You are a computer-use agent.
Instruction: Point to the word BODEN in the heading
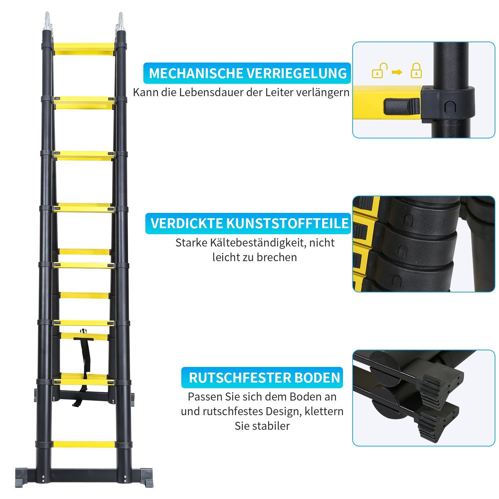tap(317, 378)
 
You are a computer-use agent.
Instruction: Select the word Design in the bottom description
tap(282, 412)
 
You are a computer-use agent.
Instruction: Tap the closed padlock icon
tap(416, 71)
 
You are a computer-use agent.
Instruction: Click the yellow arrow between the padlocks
tap(397, 72)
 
